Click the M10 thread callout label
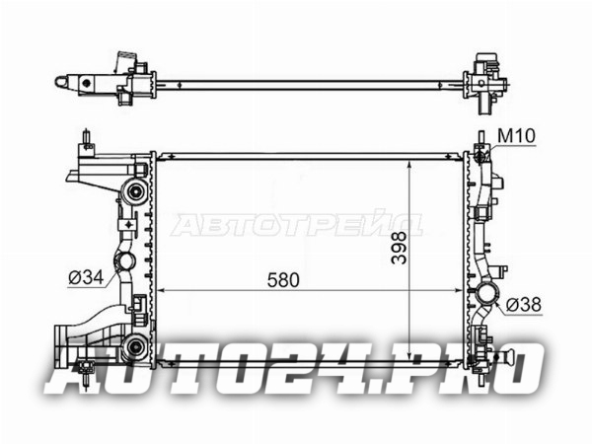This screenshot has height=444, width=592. [x=516, y=136]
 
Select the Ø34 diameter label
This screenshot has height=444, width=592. [x=86, y=278]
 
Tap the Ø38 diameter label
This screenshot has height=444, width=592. [x=523, y=304]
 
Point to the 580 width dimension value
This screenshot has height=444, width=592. [x=283, y=280]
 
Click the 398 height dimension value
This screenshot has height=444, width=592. [x=399, y=248]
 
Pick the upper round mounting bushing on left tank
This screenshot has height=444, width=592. [x=135, y=191]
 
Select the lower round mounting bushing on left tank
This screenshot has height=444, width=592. [x=135, y=346]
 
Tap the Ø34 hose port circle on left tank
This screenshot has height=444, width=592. [x=125, y=260]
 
